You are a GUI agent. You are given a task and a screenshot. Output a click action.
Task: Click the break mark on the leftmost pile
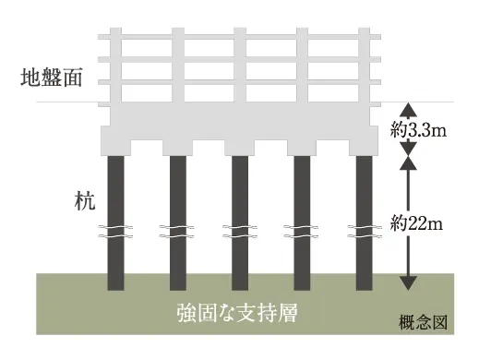115,229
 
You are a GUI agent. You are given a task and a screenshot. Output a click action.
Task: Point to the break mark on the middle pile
239,229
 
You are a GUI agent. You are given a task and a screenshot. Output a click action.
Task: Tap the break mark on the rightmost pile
364,229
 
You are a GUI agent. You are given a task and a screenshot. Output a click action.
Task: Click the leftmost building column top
115,33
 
